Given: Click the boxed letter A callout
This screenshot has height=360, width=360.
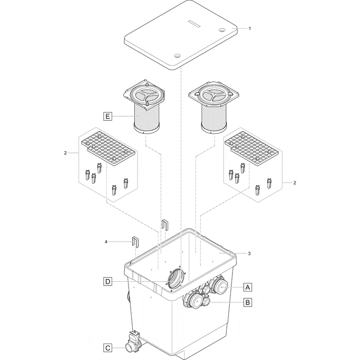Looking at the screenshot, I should pos(247,286).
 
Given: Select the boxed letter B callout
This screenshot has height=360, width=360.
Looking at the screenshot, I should pos(247,302).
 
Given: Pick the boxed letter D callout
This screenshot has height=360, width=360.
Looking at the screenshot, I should pos(107,281).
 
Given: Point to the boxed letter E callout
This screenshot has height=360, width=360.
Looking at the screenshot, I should pos(107,117).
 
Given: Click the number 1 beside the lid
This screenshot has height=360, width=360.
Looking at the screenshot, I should pos(250,29).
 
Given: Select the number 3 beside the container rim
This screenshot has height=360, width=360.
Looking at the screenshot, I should pos(250,254).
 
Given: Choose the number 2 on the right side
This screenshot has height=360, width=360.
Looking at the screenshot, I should pos(294,183).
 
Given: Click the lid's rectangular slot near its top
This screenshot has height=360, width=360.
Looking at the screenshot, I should pos(197,22).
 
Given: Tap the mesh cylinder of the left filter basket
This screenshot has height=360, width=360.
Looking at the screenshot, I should pos(148,117).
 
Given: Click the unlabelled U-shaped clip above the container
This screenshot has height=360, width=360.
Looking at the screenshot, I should pos(165,224).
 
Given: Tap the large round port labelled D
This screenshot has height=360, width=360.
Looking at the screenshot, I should pos(176,280).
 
